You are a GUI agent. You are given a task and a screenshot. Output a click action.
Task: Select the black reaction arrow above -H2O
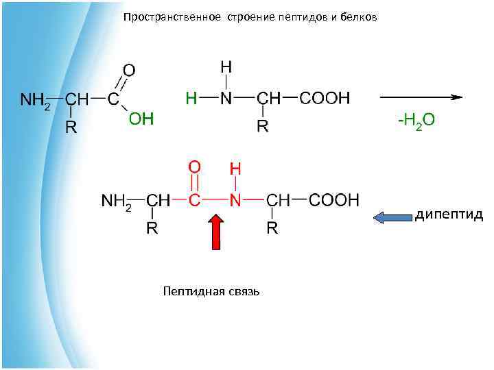pos(420,97)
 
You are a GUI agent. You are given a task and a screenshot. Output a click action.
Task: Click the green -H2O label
pos(416,121)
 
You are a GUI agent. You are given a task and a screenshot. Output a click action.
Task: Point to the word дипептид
pos(449,215)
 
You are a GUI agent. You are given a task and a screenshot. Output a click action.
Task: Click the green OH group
pos(141,119)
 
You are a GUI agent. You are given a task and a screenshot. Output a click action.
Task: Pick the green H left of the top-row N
pos(191,98)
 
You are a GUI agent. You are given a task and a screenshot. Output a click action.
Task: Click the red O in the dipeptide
pos(195,166)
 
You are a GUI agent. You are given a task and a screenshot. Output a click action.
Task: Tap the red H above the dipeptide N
pos(235,168)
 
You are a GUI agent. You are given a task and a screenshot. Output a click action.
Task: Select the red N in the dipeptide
pos(236,200)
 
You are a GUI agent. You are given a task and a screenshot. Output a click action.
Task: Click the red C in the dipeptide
pos(195,200)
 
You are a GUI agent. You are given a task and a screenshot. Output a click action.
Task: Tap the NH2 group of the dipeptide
pos(117,201)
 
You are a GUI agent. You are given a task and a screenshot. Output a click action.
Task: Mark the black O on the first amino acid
pos(128,70)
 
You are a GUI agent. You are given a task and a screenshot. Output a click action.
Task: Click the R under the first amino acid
pos(70,127)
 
